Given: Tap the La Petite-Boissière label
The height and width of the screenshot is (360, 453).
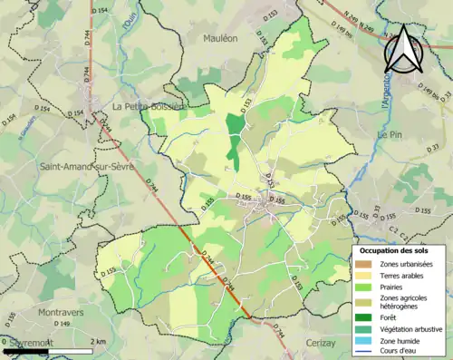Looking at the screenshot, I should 148,106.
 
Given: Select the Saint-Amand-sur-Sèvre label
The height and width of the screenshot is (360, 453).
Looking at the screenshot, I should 89,167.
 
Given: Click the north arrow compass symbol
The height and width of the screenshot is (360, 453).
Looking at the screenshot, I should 405,50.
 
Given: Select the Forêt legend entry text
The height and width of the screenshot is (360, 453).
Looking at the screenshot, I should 391,317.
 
